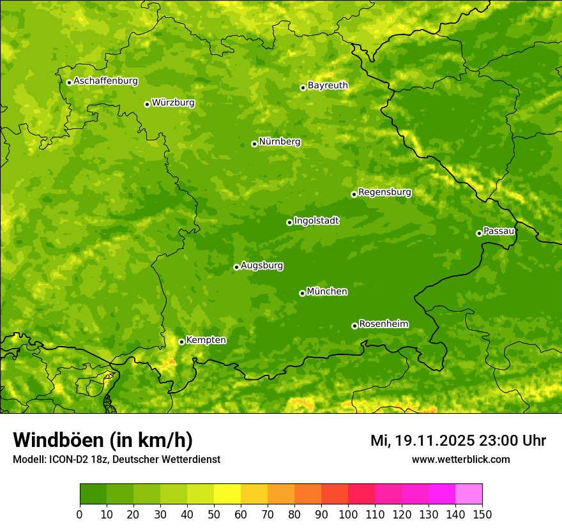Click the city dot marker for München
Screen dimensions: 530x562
click(x=302, y=293)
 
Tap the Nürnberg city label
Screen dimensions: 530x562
click(x=279, y=142)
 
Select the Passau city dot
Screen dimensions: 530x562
click(x=479, y=233)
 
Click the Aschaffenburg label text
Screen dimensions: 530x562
click(x=105, y=81)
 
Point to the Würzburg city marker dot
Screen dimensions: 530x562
click(x=147, y=104)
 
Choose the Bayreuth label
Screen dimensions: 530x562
click(x=328, y=86)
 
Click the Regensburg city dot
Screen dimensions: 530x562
click(x=354, y=194)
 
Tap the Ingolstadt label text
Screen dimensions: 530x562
click(x=316, y=221)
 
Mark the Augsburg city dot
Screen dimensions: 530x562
click(x=236, y=267)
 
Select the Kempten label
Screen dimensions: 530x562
click(x=206, y=340)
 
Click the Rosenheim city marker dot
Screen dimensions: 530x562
click(x=354, y=326)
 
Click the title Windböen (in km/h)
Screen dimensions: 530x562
click(x=103, y=440)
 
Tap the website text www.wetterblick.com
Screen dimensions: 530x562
click(x=460, y=459)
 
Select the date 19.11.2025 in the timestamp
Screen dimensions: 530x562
click(x=434, y=441)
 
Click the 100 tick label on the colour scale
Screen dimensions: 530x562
click(x=348, y=514)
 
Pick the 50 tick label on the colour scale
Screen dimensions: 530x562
click(x=214, y=514)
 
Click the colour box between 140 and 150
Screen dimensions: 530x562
click(x=469, y=494)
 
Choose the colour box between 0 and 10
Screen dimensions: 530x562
click(x=93, y=494)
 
